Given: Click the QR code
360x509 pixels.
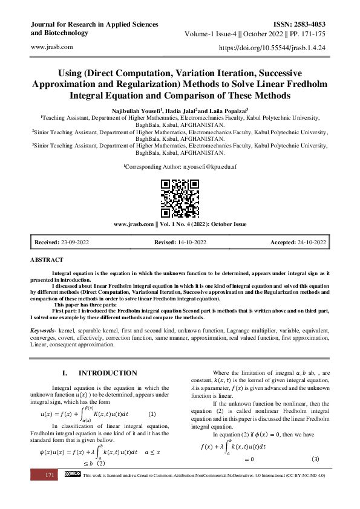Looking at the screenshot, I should pyautogui.click(x=180, y=198).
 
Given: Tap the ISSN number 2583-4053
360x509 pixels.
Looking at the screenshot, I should pyautogui.click(x=309, y=24).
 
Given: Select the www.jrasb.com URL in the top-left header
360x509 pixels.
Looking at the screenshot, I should pyautogui.click(x=51, y=47).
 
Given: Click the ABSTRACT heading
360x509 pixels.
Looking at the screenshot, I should pyautogui.click(x=47, y=259).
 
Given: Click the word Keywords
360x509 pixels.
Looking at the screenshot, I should pyautogui.click(x=44, y=331).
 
